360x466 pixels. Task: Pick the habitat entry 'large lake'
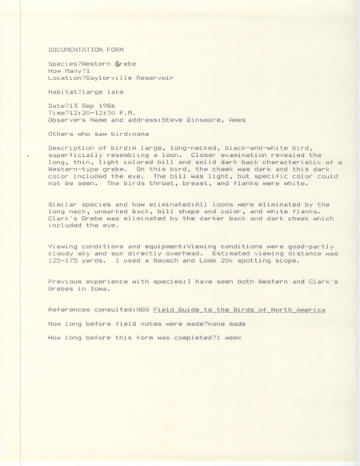(102, 95)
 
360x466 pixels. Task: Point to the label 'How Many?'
(64, 71)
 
